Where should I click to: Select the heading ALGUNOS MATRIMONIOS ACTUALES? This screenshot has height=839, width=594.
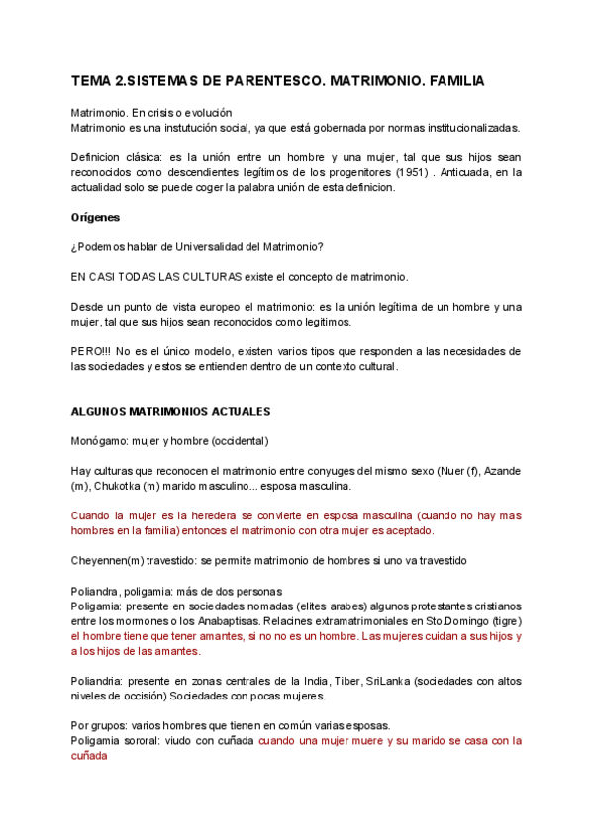171,411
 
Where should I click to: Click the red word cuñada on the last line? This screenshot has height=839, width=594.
89,756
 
